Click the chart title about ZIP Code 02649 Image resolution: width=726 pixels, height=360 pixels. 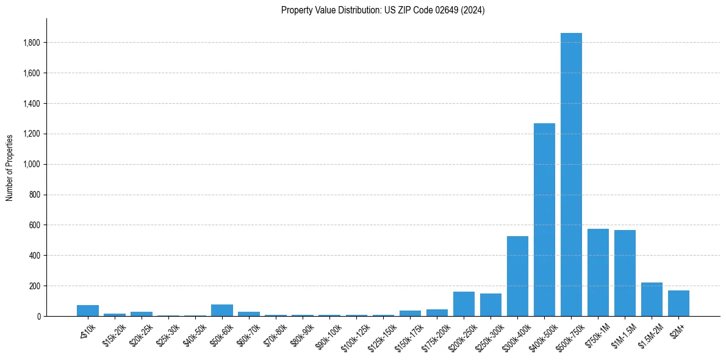[383, 10]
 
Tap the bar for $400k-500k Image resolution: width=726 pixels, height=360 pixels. [544, 220]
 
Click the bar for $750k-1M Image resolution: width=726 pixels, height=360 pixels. [598, 272]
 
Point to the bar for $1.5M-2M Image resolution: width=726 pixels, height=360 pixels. [652, 299]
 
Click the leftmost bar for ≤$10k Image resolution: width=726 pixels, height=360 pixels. [88, 311]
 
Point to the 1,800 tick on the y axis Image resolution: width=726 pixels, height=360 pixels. [32, 43]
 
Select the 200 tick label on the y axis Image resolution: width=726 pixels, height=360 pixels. [35, 286]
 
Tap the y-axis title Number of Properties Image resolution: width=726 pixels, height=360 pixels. [10, 168]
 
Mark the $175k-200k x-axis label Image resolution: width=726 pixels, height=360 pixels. [436, 334]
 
